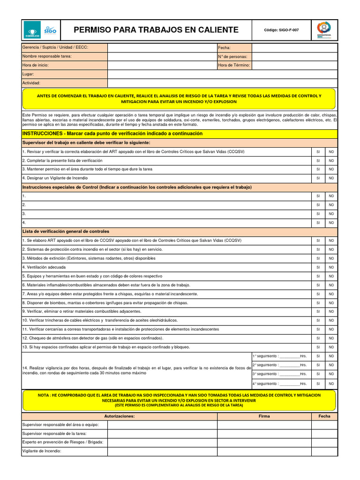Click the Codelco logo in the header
tap(31, 30)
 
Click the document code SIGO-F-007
tap(281, 30)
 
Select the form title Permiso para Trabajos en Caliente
tap(156, 30)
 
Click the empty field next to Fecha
tap(294, 47)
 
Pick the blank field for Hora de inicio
tap(162, 65)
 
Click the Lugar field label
tap(29, 74)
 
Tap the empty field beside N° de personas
tap(294, 56)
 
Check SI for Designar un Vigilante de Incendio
tap(318, 178)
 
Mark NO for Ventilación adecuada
tap(331, 267)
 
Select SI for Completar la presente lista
tap(318, 160)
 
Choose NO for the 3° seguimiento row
tap(331, 374)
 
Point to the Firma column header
tap(264, 416)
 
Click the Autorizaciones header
tap(119, 416)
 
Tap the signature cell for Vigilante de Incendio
tap(264, 451)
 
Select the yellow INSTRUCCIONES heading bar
tap(180, 134)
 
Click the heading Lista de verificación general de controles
tap(66, 232)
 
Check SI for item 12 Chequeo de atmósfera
tap(318, 338)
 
